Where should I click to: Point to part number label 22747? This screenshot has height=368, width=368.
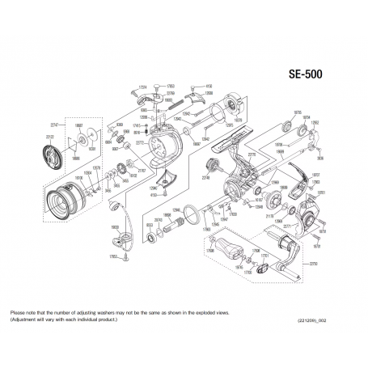tap(54, 126)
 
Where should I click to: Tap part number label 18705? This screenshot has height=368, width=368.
tap(298, 113)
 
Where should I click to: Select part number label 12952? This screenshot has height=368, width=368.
tap(315, 123)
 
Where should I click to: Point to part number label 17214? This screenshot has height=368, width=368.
tap(142, 87)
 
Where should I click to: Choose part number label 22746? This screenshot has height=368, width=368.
tap(205, 171)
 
